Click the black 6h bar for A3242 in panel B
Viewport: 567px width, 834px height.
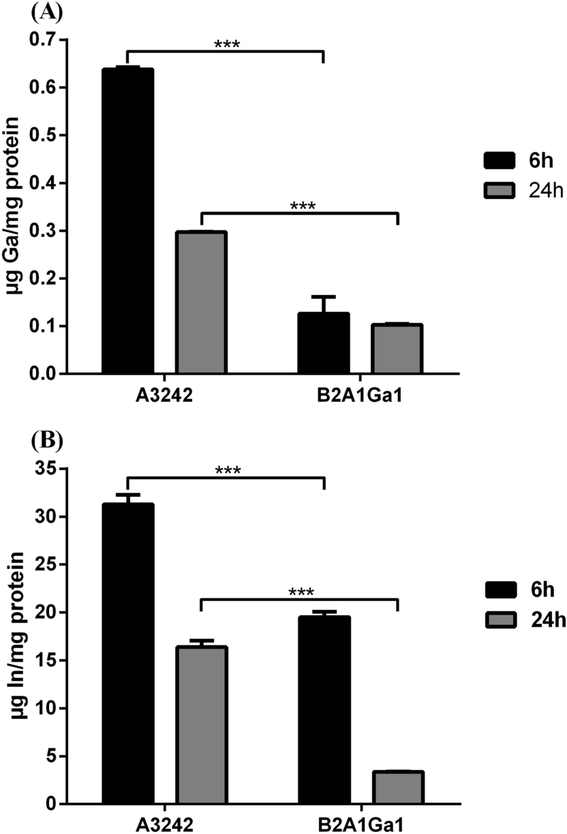tap(127, 654)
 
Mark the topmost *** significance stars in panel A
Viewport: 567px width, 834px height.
tap(227, 46)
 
